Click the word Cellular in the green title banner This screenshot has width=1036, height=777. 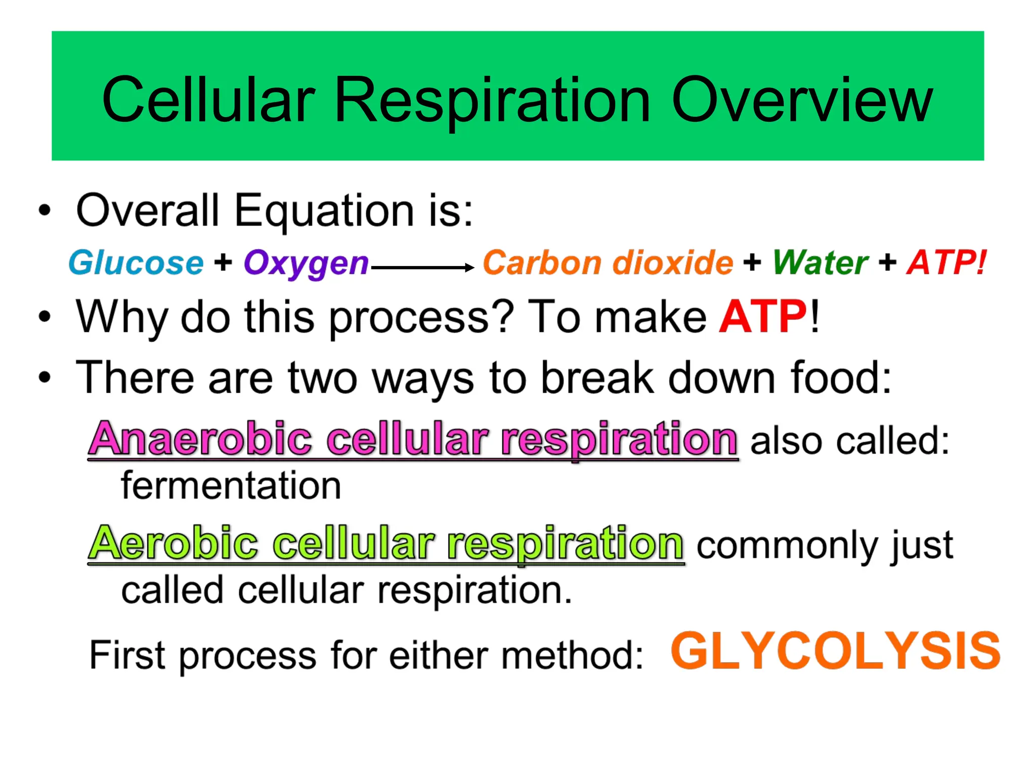point(208,100)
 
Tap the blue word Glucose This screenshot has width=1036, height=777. point(136,263)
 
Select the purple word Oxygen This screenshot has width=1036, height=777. point(306,264)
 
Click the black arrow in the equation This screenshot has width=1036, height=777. point(422,268)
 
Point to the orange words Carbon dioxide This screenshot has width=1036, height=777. point(608,263)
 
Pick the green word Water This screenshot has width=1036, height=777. point(820,263)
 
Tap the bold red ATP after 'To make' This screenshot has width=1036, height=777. point(763,317)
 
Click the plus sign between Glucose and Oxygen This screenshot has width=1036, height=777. point(223,263)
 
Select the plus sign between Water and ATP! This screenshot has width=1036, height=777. point(887,263)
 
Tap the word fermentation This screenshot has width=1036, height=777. point(231,486)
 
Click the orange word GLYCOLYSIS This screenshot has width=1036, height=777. point(835,651)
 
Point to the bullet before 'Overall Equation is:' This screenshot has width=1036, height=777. point(45,210)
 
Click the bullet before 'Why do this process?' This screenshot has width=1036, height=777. point(45,317)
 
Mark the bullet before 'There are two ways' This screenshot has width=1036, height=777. point(45,378)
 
